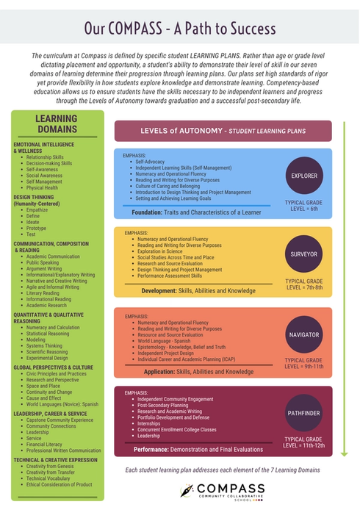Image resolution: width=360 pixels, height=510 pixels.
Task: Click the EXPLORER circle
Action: [x=304, y=176]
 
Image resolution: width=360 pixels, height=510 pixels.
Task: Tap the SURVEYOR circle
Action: [x=304, y=256]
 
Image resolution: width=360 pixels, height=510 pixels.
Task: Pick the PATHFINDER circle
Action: [x=304, y=414]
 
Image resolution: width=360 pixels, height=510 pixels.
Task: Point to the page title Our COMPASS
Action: [x=180, y=29]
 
